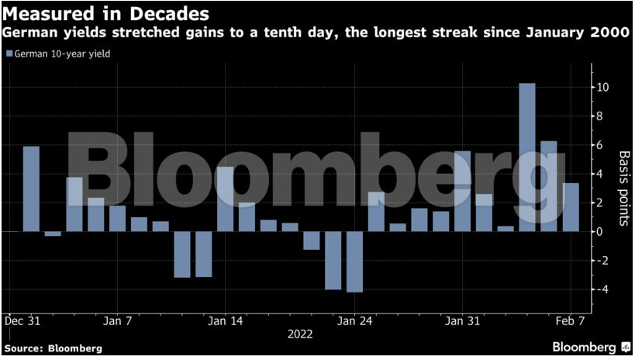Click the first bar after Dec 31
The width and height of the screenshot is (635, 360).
tap(31, 189)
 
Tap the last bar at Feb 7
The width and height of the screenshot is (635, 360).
tap(571, 207)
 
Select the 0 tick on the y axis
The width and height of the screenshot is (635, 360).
tap(598, 231)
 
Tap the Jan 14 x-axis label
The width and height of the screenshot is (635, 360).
tap(226, 320)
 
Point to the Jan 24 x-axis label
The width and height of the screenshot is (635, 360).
tap(356, 320)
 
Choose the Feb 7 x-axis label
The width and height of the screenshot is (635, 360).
tap(571, 320)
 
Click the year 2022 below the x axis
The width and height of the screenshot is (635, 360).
tap(301, 334)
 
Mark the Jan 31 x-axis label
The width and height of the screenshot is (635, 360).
tap(463, 320)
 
